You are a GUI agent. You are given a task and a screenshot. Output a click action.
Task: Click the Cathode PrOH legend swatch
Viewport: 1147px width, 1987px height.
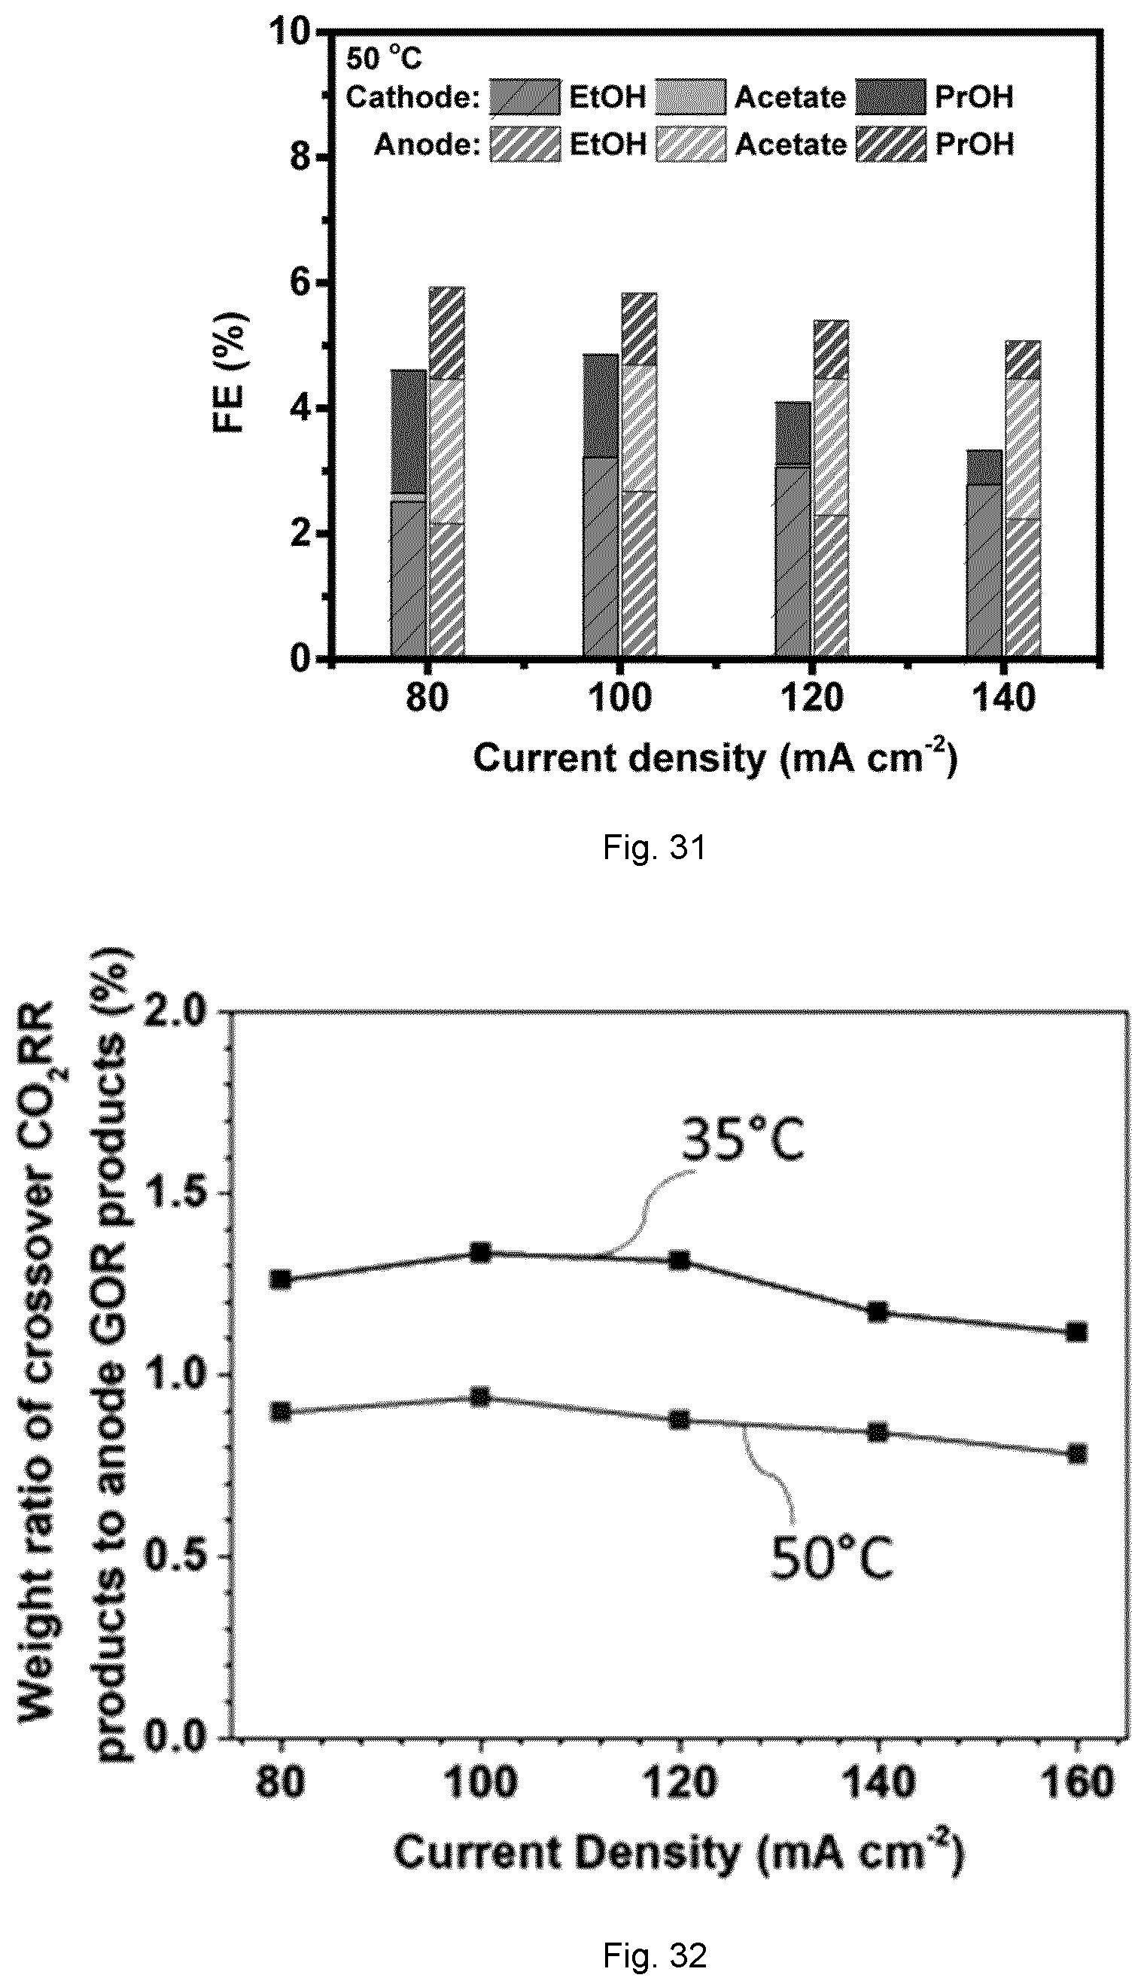(890, 97)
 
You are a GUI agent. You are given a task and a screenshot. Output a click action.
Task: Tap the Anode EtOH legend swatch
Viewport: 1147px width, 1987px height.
(525, 144)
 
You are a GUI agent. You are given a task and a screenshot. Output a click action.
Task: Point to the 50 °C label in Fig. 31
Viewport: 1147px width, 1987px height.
(384, 58)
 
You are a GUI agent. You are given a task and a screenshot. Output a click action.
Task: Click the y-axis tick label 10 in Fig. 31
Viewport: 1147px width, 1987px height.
(292, 32)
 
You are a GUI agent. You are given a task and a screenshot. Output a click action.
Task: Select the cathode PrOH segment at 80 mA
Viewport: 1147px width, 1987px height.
(409, 431)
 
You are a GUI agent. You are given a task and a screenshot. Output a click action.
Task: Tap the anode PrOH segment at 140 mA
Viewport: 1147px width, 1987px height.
(1023, 360)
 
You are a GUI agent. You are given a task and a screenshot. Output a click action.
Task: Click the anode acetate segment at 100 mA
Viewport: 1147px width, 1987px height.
(639, 428)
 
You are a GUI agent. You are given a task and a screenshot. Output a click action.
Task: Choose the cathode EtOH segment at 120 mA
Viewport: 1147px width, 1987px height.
(793, 561)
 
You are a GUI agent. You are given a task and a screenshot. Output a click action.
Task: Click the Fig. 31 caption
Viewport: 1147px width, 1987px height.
(654, 848)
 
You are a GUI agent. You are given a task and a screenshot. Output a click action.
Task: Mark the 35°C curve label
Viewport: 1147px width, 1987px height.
(743, 1139)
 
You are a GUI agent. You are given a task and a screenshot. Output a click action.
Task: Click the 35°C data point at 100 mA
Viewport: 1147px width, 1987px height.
(480, 1253)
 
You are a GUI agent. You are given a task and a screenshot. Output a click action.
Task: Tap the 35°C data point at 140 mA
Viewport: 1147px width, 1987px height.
(878, 1312)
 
